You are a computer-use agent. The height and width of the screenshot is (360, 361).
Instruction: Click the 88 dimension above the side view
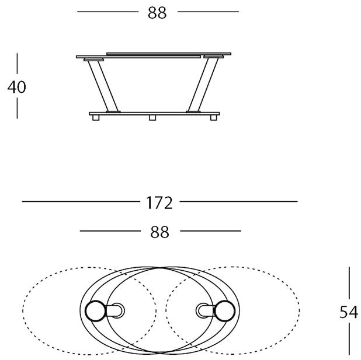[x=157, y=13]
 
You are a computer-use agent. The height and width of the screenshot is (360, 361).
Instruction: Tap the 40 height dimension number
[x=16, y=87]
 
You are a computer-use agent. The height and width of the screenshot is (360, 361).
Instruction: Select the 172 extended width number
[x=159, y=202]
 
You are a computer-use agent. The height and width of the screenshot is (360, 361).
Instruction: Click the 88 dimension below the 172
[x=159, y=232]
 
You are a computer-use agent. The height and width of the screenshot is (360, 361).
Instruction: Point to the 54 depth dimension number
[x=349, y=312]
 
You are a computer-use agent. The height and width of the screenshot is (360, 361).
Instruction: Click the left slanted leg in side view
[x=103, y=86]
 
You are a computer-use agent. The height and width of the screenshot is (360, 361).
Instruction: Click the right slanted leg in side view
[x=203, y=85]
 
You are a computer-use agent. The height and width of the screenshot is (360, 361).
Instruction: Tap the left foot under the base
[x=96, y=118]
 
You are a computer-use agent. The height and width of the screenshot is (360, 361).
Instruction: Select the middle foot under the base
[x=152, y=118]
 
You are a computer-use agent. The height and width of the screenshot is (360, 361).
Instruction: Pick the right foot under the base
[x=214, y=118]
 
